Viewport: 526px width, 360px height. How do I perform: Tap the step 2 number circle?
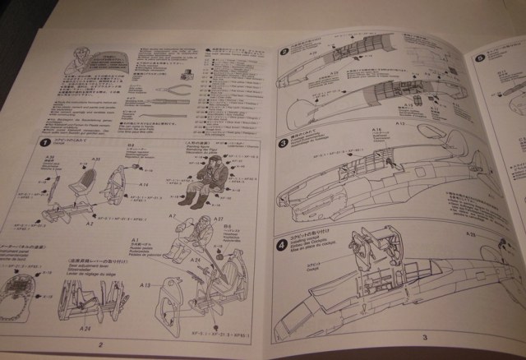point(285,51)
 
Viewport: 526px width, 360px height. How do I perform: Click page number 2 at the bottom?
point(100,344)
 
